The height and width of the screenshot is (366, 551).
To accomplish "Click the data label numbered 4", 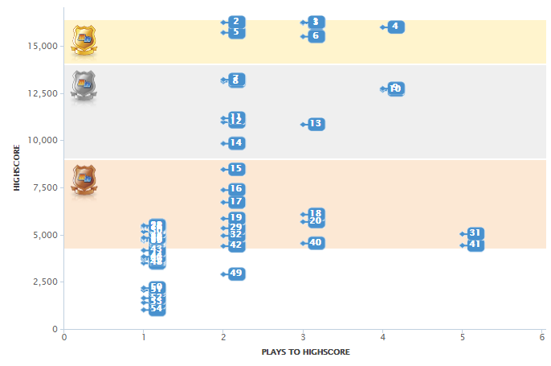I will [x=395, y=27].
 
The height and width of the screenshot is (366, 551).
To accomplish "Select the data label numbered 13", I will [x=316, y=124].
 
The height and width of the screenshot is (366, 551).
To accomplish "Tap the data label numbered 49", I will [x=236, y=273].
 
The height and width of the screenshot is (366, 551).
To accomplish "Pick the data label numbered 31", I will [x=475, y=233].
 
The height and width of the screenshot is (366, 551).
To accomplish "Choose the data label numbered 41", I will [x=475, y=245].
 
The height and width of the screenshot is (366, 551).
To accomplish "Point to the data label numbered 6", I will [x=316, y=35].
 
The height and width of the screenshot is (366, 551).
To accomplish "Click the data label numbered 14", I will [x=236, y=143].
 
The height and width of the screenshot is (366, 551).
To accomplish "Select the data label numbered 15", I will [x=236, y=169].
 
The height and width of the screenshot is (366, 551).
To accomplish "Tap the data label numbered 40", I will [x=316, y=243].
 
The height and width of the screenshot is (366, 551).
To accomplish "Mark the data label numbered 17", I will [x=236, y=202].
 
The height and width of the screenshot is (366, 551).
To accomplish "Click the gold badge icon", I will [x=84, y=39].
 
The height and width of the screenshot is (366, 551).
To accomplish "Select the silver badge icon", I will [x=84, y=84].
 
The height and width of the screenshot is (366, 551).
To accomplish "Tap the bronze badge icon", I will [x=84, y=179].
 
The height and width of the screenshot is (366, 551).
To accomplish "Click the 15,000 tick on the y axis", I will [x=39, y=46].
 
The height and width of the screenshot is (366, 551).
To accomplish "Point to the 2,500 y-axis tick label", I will [x=42, y=282].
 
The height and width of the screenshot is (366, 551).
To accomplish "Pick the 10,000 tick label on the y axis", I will [x=39, y=140].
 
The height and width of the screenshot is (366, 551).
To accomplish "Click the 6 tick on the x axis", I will [x=542, y=337].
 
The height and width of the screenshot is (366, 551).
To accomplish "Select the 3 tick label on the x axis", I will [x=303, y=337].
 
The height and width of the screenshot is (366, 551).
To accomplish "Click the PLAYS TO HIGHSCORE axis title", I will [x=305, y=352].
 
